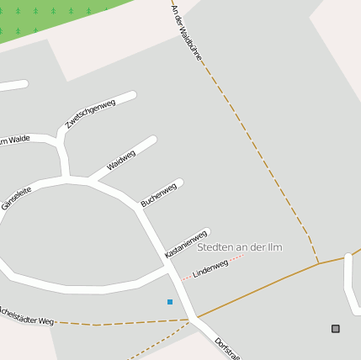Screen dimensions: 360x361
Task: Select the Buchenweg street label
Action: (159, 194)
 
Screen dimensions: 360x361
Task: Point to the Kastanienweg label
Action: (186, 243)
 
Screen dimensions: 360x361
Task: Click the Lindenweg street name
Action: (210, 269)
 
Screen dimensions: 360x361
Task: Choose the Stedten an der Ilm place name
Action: (240, 247)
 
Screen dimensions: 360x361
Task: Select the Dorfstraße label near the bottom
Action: (227, 348)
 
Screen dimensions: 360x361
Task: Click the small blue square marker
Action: (170, 301)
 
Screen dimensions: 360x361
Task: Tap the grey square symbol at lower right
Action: (336, 328)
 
